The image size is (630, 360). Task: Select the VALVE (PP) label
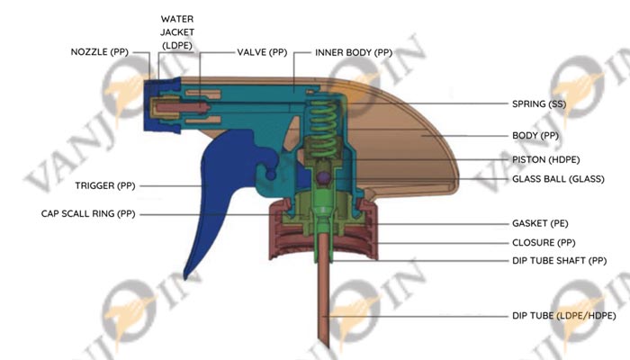tap(261, 52)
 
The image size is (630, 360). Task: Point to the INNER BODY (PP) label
tap(354, 52)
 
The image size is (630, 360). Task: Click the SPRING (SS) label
tap(540, 103)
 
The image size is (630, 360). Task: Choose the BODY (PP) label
tap(535, 135)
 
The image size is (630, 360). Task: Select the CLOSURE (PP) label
tap(544, 243)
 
